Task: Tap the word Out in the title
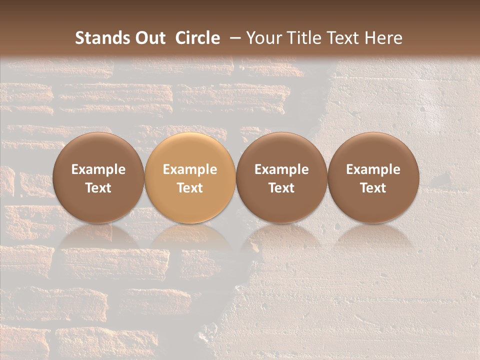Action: pos(149,38)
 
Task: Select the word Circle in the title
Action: pos(197,38)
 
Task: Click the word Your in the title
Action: pos(263,38)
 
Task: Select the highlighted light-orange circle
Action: pos(190,177)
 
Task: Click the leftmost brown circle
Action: pos(98,177)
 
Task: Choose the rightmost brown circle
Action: pos(373,177)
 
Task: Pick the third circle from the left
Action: pos(281,177)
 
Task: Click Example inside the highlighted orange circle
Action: pos(190,169)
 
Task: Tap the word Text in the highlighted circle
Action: pos(190,188)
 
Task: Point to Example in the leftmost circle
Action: pos(98,169)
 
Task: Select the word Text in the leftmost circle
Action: pos(98,188)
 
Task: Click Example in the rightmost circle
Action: pos(373,169)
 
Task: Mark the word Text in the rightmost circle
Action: pos(373,188)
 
